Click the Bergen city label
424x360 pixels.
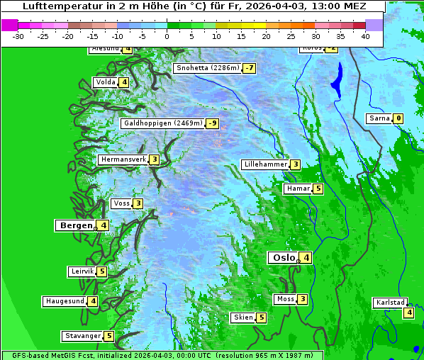click(x=75, y=225)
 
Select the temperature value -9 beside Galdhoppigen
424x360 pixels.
click(x=212, y=123)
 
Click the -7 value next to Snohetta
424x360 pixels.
click(x=249, y=68)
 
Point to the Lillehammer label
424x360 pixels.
click(x=265, y=164)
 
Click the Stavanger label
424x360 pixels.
click(x=82, y=336)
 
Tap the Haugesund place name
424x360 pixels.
click(x=65, y=301)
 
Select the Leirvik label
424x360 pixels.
click(x=82, y=271)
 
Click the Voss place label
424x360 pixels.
click(x=121, y=204)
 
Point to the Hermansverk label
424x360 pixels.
click(x=123, y=160)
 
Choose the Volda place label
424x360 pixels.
click(x=105, y=82)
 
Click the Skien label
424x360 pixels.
click(x=242, y=317)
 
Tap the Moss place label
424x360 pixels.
click(x=285, y=299)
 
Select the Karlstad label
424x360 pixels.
click(x=389, y=303)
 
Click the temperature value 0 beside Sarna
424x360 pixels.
click(x=398, y=118)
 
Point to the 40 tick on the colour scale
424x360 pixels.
click(x=365, y=35)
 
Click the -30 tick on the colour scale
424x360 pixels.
click(x=18, y=35)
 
